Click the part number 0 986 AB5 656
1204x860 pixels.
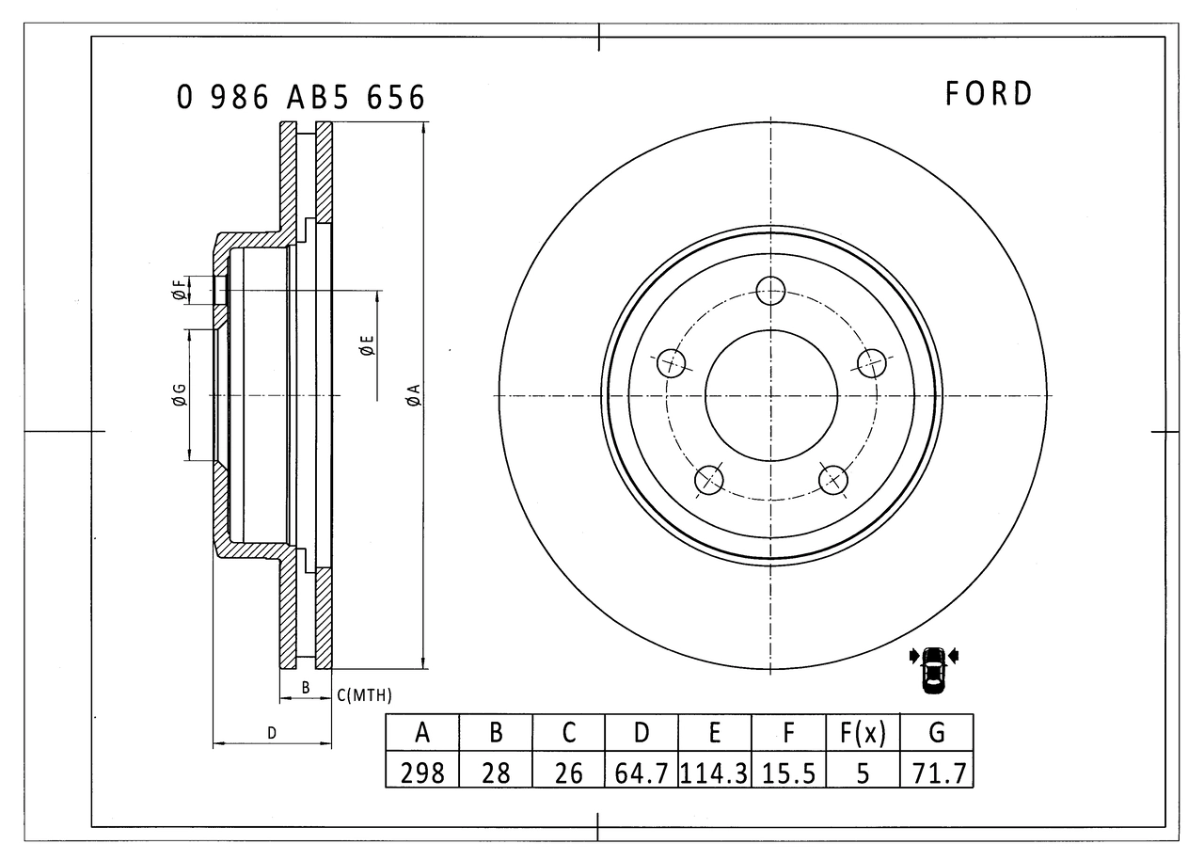tap(301, 97)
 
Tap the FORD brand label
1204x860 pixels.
tap(989, 93)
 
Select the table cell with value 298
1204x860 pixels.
tap(422, 772)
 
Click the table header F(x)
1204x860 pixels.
tap(863, 732)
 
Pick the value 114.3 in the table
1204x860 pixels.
tap(715, 772)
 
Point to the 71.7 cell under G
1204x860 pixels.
tap(936, 772)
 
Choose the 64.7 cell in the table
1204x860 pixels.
tap(642, 772)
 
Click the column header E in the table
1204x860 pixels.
tap(715, 732)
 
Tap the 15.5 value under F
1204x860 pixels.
tap(788, 772)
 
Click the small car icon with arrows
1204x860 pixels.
tap(933, 669)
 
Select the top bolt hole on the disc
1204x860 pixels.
tap(771, 291)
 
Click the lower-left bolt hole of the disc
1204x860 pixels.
tap(709, 480)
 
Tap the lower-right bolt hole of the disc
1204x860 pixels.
tap(833, 480)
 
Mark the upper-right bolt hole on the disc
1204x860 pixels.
tap(872, 362)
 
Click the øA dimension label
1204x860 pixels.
tap(413, 395)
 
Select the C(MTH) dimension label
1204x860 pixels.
tap(364, 695)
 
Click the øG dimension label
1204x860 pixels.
tap(179, 396)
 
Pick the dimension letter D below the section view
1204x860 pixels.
tap(272, 732)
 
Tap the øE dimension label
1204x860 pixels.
tap(367, 345)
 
